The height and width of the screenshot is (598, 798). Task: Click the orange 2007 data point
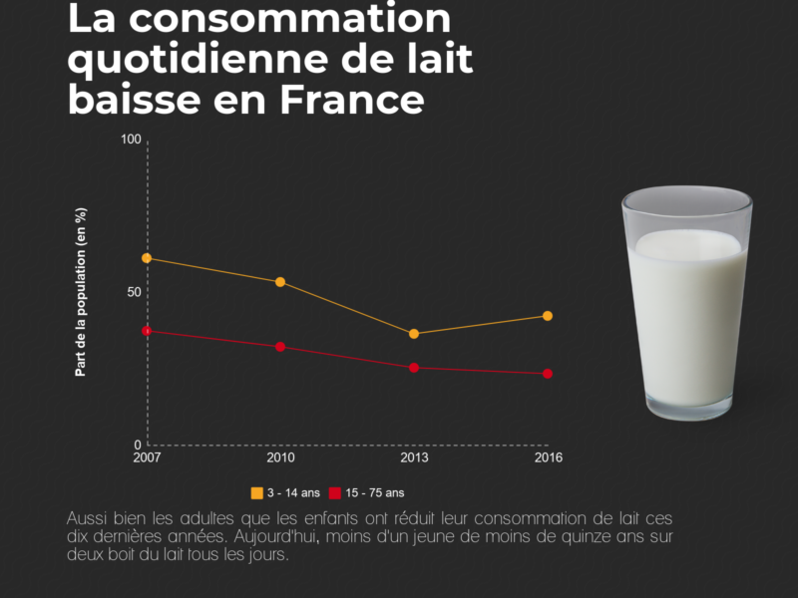point(147,258)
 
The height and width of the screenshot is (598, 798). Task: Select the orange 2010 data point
point(280,282)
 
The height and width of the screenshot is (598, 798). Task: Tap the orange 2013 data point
point(414,334)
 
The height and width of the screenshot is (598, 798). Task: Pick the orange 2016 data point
point(548,316)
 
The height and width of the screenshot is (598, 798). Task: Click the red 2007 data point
point(147,331)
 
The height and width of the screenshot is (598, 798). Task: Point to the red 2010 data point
point(280,347)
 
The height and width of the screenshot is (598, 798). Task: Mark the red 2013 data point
point(414,368)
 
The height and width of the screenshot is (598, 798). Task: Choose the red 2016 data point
point(548,374)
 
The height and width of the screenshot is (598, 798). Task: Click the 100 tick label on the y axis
point(131,139)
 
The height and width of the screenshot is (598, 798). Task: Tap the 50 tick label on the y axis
point(134,292)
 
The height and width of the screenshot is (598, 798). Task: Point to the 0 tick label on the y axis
point(138,445)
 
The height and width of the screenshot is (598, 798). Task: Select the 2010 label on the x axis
point(280,458)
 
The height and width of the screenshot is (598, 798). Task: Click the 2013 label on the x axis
point(414,458)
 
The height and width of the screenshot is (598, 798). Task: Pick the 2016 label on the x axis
point(548,458)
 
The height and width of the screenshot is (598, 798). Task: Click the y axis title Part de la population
point(82,292)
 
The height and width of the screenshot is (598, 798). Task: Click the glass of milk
point(686,304)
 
